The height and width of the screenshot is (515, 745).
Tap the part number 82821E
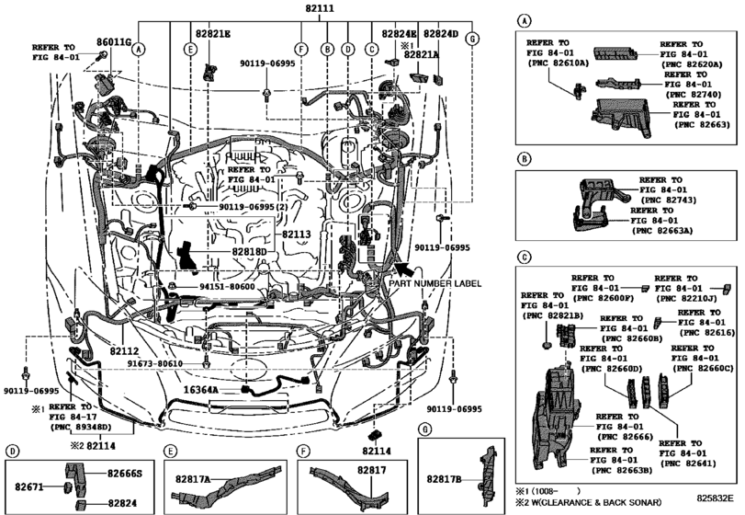click(x=212, y=34)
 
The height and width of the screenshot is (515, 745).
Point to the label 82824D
click(x=440, y=34)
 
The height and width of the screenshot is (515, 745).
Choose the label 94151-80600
click(x=227, y=288)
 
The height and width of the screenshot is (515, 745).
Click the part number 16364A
click(x=200, y=390)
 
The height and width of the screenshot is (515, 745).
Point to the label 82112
click(x=123, y=350)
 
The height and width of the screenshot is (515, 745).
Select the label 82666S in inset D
click(x=125, y=473)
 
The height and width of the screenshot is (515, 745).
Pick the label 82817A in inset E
click(x=186, y=479)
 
